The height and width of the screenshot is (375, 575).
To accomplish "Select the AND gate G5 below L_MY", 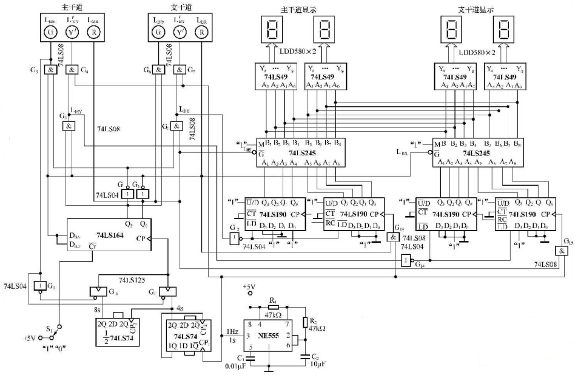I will click(69, 126).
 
